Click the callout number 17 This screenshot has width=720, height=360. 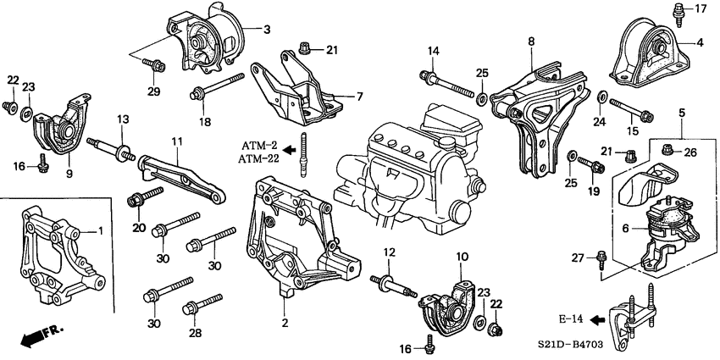point(700,9)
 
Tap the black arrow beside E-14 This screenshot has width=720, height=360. point(598,319)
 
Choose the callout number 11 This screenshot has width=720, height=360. point(176,142)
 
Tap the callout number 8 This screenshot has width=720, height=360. point(531,41)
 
